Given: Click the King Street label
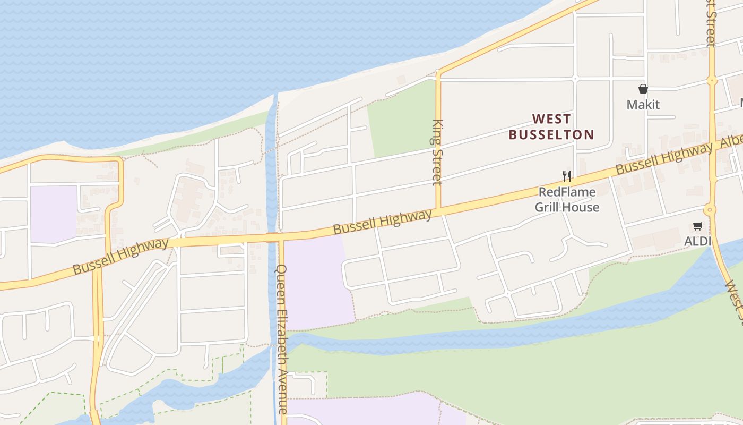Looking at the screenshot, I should (x=437, y=152).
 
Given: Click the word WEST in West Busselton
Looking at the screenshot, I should (x=552, y=118).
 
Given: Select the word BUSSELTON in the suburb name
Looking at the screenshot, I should (x=551, y=134).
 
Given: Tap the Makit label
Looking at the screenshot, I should (x=643, y=104).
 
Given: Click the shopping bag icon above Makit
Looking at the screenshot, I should (x=643, y=89).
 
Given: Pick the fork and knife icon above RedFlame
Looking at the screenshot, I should (x=567, y=176).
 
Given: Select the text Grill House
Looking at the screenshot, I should (x=567, y=207).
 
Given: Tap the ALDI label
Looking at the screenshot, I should (x=697, y=241).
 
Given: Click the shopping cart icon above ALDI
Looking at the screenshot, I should (x=697, y=226).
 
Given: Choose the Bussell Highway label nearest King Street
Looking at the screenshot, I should (x=382, y=222).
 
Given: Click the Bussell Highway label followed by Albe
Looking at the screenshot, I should (x=663, y=158).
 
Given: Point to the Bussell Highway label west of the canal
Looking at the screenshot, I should (x=120, y=257).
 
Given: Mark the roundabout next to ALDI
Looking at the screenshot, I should (x=710, y=209).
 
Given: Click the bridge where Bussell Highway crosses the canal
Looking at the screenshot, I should (x=272, y=237).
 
